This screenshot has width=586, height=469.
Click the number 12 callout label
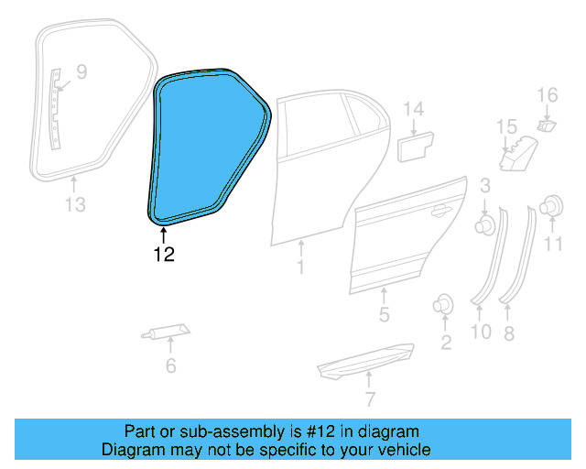[164, 255]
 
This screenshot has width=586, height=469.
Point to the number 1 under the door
[299, 267]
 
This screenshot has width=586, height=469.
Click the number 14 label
[414, 110]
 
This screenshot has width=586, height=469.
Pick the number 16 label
[547, 94]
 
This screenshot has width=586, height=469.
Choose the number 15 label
[506, 126]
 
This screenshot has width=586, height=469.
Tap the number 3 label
[483, 187]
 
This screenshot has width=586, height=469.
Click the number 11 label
[553, 243]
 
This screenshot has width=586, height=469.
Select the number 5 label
[384, 316]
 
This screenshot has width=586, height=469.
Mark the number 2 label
[446, 344]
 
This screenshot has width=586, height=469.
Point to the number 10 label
[481, 332]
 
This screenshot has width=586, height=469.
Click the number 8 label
[509, 333]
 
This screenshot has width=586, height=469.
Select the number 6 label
[170, 366]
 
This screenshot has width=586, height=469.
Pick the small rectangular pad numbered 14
[417, 145]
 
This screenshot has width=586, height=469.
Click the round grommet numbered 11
[552, 207]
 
